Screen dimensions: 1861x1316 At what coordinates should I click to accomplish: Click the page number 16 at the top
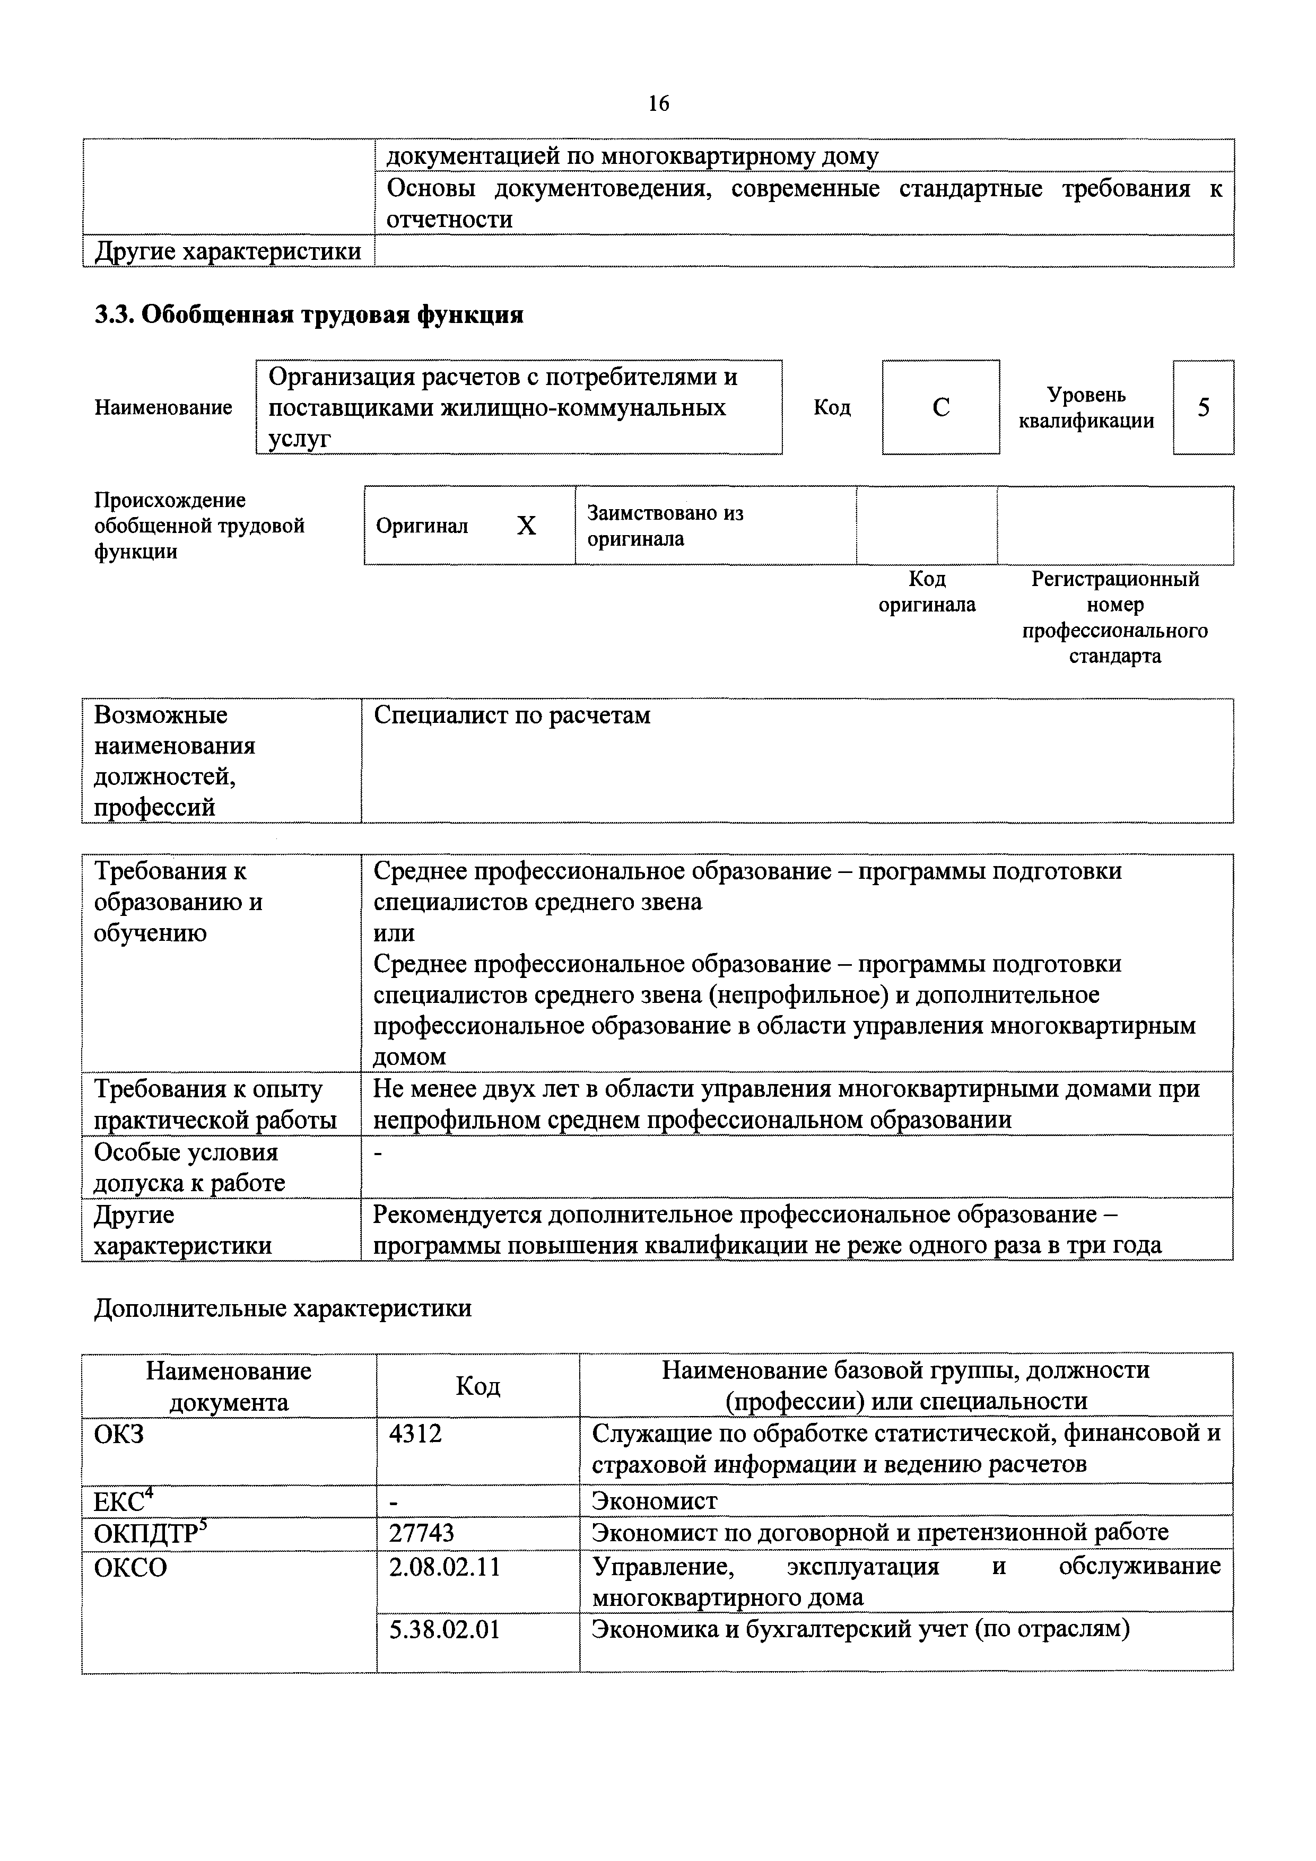click(x=658, y=104)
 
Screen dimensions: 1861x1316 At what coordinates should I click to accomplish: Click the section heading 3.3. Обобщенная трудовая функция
click(x=309, y=314)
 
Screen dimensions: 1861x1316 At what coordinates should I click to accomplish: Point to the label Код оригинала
click(x=927, y=592)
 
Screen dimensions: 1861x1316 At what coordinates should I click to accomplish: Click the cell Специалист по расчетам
click(x=512, y=715)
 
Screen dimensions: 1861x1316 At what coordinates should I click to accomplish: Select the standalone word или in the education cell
click(x=394, y=933)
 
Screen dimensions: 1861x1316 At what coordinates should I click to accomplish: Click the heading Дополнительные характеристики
click(x=282, y=1309)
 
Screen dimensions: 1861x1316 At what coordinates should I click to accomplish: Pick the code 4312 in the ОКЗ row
click(x=416, y=1434)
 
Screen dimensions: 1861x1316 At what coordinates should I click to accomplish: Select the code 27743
click(x=422, y=1533)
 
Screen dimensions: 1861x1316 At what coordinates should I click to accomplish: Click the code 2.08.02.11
click(x=445, y=1567)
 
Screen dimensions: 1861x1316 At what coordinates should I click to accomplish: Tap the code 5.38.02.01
click(x=445, y=1629)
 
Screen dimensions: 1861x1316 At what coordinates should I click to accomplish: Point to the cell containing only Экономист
click(x=655, y=1501)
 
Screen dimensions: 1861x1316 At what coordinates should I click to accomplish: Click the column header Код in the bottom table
click(x=477, y=1385)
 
